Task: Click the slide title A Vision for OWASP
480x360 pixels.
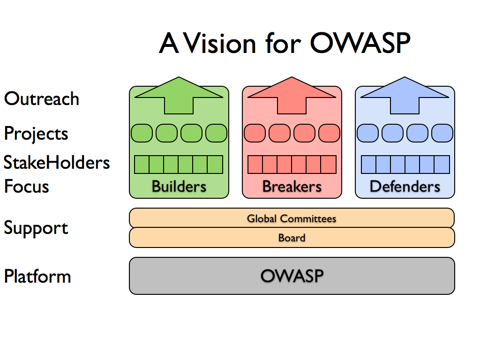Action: [285, 43]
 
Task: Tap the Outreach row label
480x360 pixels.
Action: [42, 99]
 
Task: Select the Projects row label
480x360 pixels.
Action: [36, 134]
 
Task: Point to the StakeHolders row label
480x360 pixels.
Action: [57, 163]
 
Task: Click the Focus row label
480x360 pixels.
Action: [27, 187]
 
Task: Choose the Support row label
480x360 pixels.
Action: [36, 228]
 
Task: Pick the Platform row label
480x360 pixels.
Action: [37, 276]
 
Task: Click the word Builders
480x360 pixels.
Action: [179, 187]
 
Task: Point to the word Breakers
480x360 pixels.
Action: [292, 187]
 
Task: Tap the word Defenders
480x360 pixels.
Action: [405, 187]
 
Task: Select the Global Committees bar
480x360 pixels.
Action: [292, 218]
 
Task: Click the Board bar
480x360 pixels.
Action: [292, 238]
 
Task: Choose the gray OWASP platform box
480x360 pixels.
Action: [292, 276]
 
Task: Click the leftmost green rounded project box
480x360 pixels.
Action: [142, 133]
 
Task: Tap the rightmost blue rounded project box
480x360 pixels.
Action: [442, 133]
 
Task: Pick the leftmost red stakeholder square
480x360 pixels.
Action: [255, 165]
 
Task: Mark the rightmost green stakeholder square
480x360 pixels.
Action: [215, 165]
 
